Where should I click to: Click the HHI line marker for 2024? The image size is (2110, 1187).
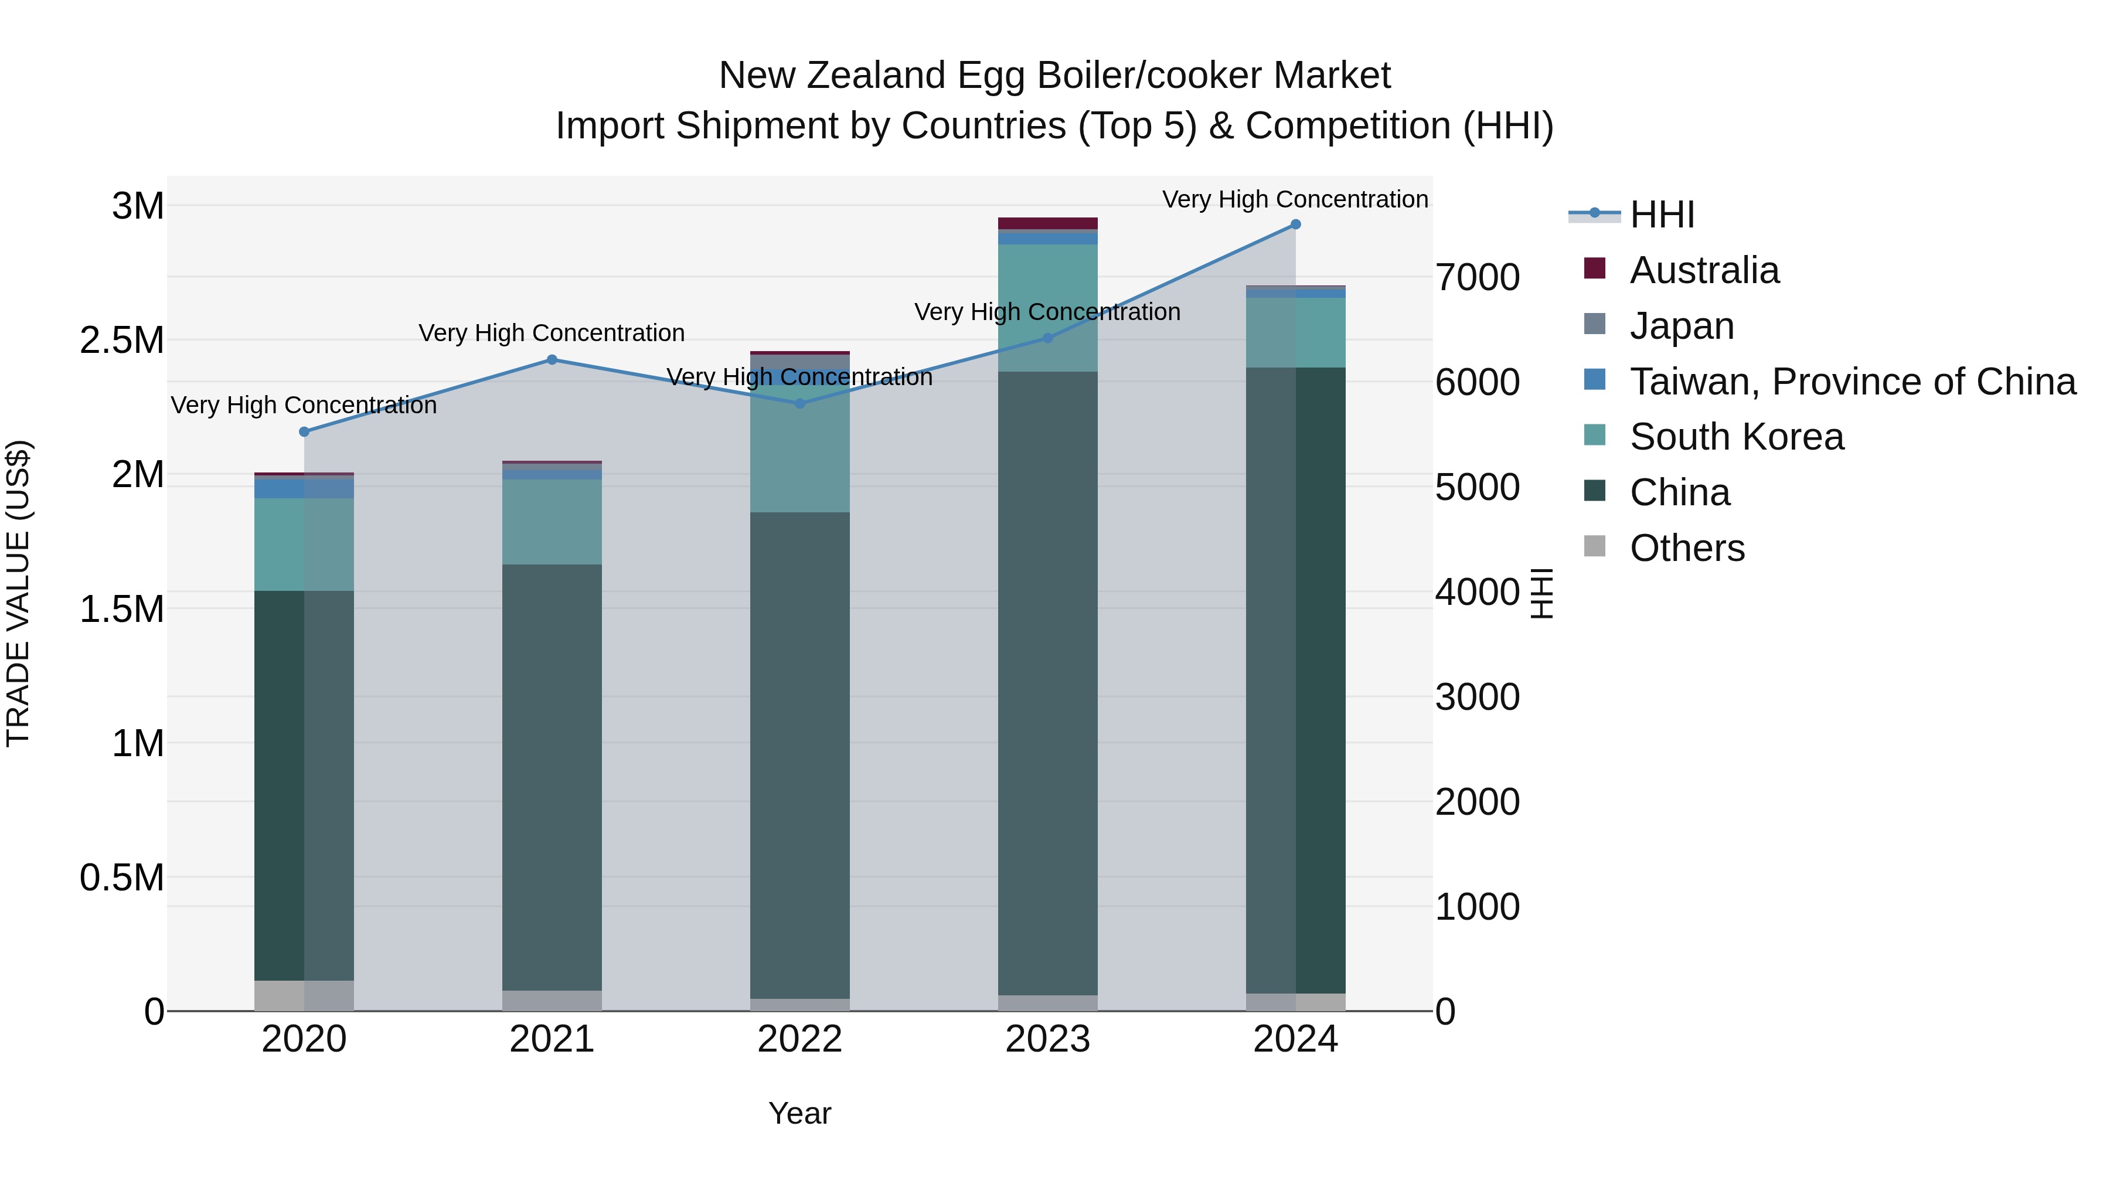point(1295,225)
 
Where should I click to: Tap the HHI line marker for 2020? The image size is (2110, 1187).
point(304,431)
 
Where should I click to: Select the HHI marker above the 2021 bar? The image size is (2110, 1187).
point(552,360)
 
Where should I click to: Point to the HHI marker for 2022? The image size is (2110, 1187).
point(800,404)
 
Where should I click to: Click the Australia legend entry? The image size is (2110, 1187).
point(1704,270)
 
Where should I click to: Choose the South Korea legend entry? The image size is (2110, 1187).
point(1737,437)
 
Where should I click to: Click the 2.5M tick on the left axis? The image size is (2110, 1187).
point(122,341)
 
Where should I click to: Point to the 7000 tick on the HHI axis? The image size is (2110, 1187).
point(1477,278)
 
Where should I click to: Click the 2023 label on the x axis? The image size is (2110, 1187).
point(1047,1039)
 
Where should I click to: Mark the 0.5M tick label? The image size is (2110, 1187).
point(122,878)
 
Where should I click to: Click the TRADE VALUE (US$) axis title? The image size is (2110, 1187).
point(19,593)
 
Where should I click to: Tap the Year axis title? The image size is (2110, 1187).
point(799,1113)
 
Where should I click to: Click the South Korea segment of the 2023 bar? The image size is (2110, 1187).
point(1047,307)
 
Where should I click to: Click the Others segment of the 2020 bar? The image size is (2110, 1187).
point(304,995)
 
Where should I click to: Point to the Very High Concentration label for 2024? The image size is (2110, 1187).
point(1294,200)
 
